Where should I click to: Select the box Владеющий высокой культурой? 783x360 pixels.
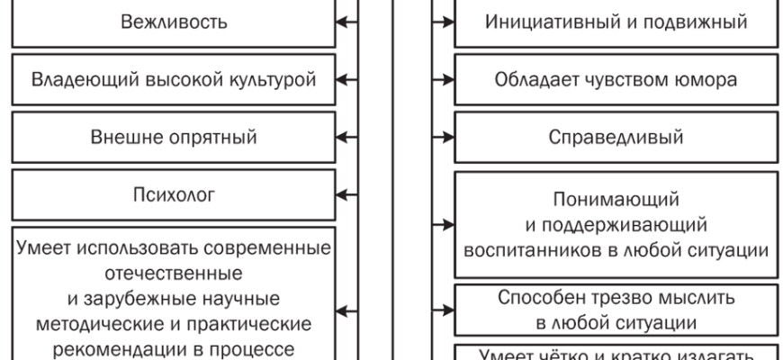[x=173, y=81]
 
